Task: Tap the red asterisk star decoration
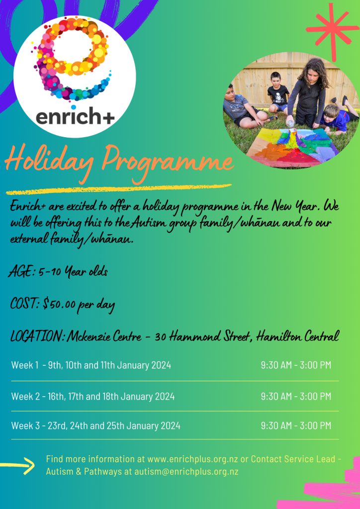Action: point(332,30)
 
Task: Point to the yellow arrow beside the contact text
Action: point(17,466)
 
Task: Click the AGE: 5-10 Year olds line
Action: point(58,271)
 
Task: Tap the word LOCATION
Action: point(38,337)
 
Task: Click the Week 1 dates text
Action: point(91,365)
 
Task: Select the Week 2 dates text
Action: point(93,396)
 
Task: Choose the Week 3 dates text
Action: point(96,425)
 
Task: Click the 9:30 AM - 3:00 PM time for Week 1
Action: point(296,365)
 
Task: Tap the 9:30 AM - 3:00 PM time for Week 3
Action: point(296,425)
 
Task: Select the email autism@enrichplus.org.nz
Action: point(186,472)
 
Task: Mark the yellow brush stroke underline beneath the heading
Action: point(119,189)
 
